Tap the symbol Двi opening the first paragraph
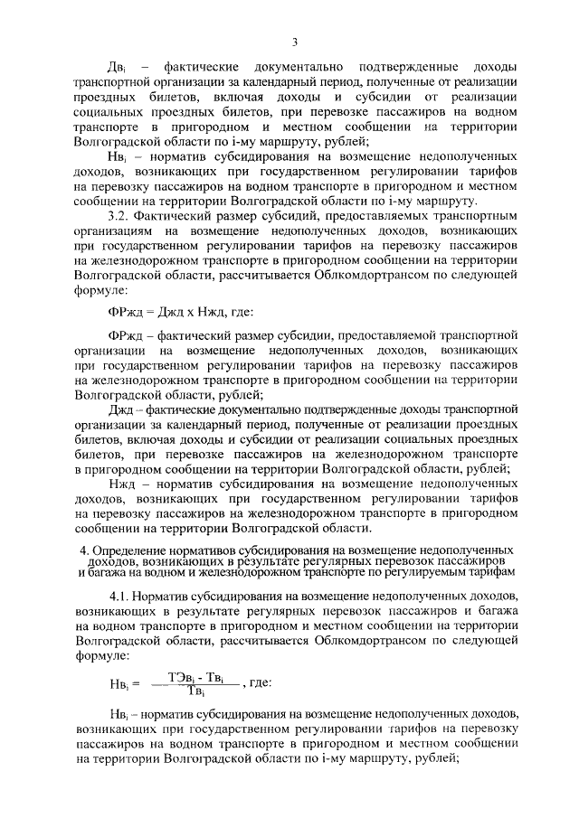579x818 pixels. pos(116,68)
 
